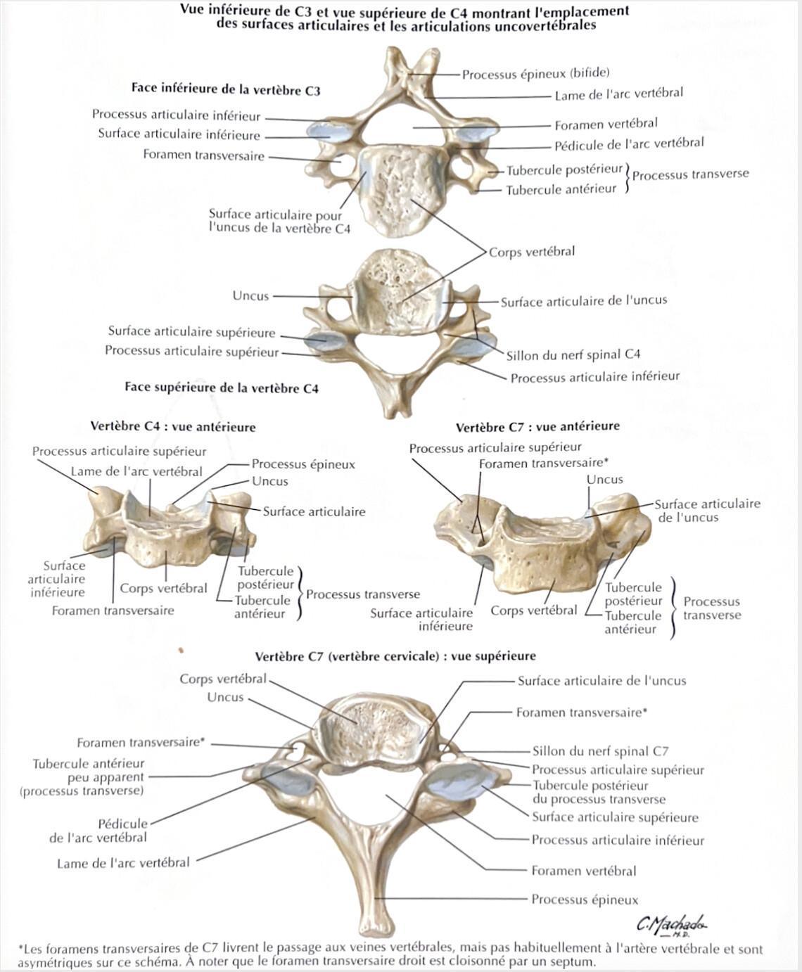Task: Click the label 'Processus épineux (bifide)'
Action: [535, 73]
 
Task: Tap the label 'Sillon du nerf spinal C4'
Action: [573, 354]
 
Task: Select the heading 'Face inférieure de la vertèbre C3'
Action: [226, 89]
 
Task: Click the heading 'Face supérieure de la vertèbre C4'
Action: [222, 388]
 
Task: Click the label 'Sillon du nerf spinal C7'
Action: [600, 751]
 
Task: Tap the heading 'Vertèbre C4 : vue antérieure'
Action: [173, 426]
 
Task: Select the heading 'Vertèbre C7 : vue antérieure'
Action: [538, 426]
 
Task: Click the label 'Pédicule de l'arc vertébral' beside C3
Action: [629, 144]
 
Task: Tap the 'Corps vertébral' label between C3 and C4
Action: [532, 252]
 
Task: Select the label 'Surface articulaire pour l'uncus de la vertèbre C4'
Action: [279, 222]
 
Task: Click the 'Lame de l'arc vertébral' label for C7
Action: [123, 862]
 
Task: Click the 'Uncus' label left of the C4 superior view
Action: [250, 295]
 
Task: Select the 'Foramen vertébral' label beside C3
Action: [606, 124]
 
